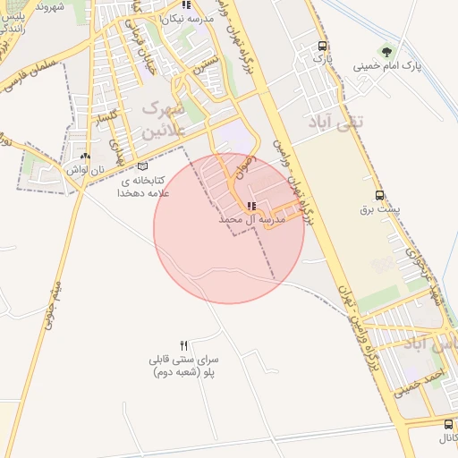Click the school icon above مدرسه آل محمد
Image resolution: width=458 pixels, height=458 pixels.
[250, 207]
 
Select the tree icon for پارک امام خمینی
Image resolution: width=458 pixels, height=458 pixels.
[386, 53]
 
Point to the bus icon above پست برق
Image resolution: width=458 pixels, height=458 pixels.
[380, 195]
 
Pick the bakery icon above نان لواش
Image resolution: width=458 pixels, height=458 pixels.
[85, 156]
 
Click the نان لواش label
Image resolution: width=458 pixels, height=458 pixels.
[86, 169]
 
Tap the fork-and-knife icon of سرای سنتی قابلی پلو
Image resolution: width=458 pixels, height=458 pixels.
[184, 344]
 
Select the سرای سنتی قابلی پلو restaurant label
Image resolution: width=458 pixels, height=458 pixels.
[185, 364]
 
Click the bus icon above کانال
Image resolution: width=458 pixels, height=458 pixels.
[448, 424]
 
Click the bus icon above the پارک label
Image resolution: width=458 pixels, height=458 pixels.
[322, 46]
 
